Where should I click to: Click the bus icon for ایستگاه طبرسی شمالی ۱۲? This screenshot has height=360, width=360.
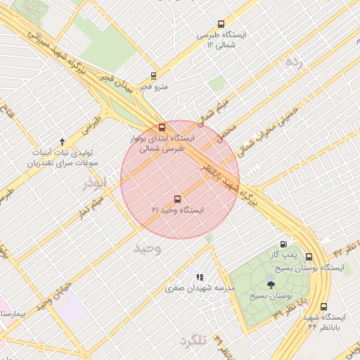click(221, 23)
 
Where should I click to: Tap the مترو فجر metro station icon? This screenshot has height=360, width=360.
click(153, 75)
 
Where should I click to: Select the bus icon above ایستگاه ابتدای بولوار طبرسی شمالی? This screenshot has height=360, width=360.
click(162, 127)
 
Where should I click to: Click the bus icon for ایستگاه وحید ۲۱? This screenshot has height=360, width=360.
click(177, 199)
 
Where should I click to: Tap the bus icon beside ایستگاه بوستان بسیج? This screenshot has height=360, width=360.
click(309, 257)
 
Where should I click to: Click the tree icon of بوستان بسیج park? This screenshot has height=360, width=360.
click(271, 284)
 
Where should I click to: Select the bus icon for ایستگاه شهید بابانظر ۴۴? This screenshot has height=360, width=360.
click(323, 307)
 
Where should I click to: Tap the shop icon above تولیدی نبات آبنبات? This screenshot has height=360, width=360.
click(63, 141)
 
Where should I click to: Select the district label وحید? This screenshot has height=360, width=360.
click(148, 248)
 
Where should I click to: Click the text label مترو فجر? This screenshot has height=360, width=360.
click(153, 86)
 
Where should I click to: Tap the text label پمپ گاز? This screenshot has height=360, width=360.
click(287, 254)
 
